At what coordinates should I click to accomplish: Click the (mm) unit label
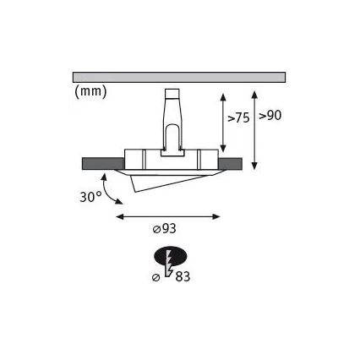pos(90,91)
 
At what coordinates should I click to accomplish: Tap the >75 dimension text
pos(238,118)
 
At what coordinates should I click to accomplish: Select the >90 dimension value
pos(270,116)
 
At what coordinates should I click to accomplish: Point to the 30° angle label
pos(90,197)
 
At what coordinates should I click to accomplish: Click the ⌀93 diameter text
pos(165,229)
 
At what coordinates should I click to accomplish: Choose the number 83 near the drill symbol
pos(183,276)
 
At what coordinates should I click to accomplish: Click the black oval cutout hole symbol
pos(171,257)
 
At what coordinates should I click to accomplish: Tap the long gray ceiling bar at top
pos(179,77)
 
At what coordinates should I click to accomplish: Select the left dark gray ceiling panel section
pos(103,164)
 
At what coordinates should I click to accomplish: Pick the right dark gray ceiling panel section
pos(230,164)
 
